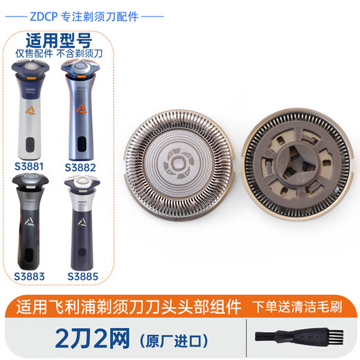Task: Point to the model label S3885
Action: tap(82, 275)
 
